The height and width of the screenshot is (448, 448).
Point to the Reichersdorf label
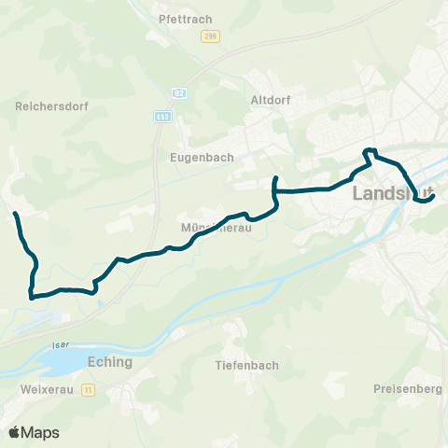51,106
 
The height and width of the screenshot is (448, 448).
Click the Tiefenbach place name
246,365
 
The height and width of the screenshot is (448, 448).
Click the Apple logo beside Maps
15,432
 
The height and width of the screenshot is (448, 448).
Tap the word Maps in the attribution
41,432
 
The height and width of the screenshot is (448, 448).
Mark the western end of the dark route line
16,215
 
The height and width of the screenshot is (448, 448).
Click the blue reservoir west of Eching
61,360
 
